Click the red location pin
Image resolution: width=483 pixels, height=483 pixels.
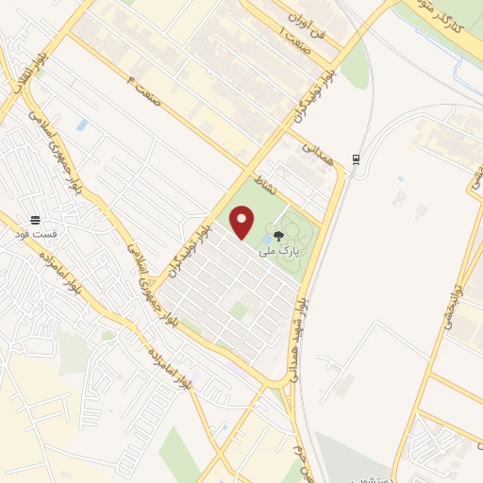coord(243,223)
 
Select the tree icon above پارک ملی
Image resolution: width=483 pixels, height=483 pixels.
coord(277,235)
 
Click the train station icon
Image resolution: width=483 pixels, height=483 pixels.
coord(356,158)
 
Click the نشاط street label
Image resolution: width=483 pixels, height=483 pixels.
coord(263,182)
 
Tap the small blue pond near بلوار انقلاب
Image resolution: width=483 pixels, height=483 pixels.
coord(82,125)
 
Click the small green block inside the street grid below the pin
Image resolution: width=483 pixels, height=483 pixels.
coord(240,309)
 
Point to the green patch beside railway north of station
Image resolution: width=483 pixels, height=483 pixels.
coord(354,68)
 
